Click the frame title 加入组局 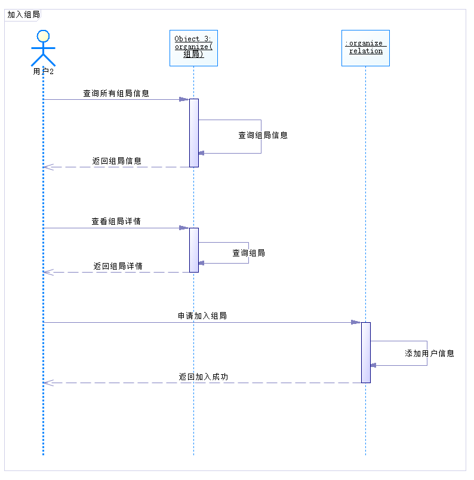tap(23, 15)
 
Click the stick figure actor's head tap(43, 35)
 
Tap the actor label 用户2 tap(43, 72)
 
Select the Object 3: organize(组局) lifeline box tap(193, 48)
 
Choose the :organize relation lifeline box tap(365, 48)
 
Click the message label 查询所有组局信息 tap(116, 93)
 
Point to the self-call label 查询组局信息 tap(263, 135)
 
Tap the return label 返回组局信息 tap(116, 161)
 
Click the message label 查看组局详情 tap(116, 221)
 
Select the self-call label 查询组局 tap(248, 253)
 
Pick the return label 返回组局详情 tap(118, 266)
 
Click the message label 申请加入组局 tap(202, 316)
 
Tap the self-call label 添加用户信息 tap(429, 353)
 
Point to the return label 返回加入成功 tap(203, 377)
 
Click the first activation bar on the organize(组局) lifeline tap(193, 133)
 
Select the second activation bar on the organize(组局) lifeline tap(193, 250)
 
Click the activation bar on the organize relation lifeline tap(365, 352)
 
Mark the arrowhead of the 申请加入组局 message tap(356, 322)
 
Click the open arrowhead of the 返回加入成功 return tap(48, 383)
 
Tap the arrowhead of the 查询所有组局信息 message tap(184, 99)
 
